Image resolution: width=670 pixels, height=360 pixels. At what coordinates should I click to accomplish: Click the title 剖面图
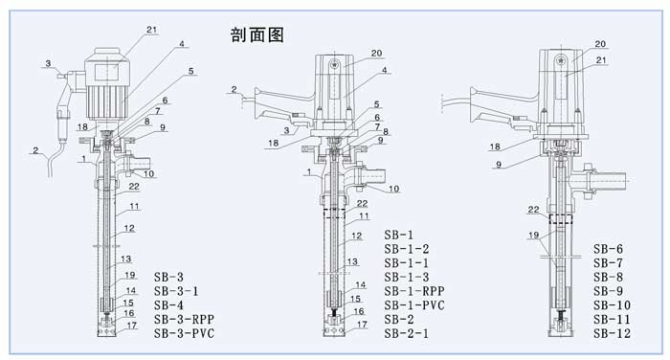257,34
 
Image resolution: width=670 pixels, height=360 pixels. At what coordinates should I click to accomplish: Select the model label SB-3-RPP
184,319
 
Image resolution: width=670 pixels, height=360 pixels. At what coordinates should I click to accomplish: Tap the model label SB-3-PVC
184,333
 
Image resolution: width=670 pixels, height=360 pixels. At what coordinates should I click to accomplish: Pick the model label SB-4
168,304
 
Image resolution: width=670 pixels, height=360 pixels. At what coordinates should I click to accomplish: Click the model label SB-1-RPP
414,291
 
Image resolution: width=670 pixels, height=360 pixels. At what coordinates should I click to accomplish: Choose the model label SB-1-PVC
414,305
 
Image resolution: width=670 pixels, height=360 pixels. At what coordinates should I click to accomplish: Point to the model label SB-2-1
406,333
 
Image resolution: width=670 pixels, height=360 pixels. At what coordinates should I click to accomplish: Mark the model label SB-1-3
406,277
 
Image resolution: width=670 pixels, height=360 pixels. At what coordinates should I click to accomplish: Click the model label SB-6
608,249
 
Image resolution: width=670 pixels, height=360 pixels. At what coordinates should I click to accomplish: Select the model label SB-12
612,333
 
